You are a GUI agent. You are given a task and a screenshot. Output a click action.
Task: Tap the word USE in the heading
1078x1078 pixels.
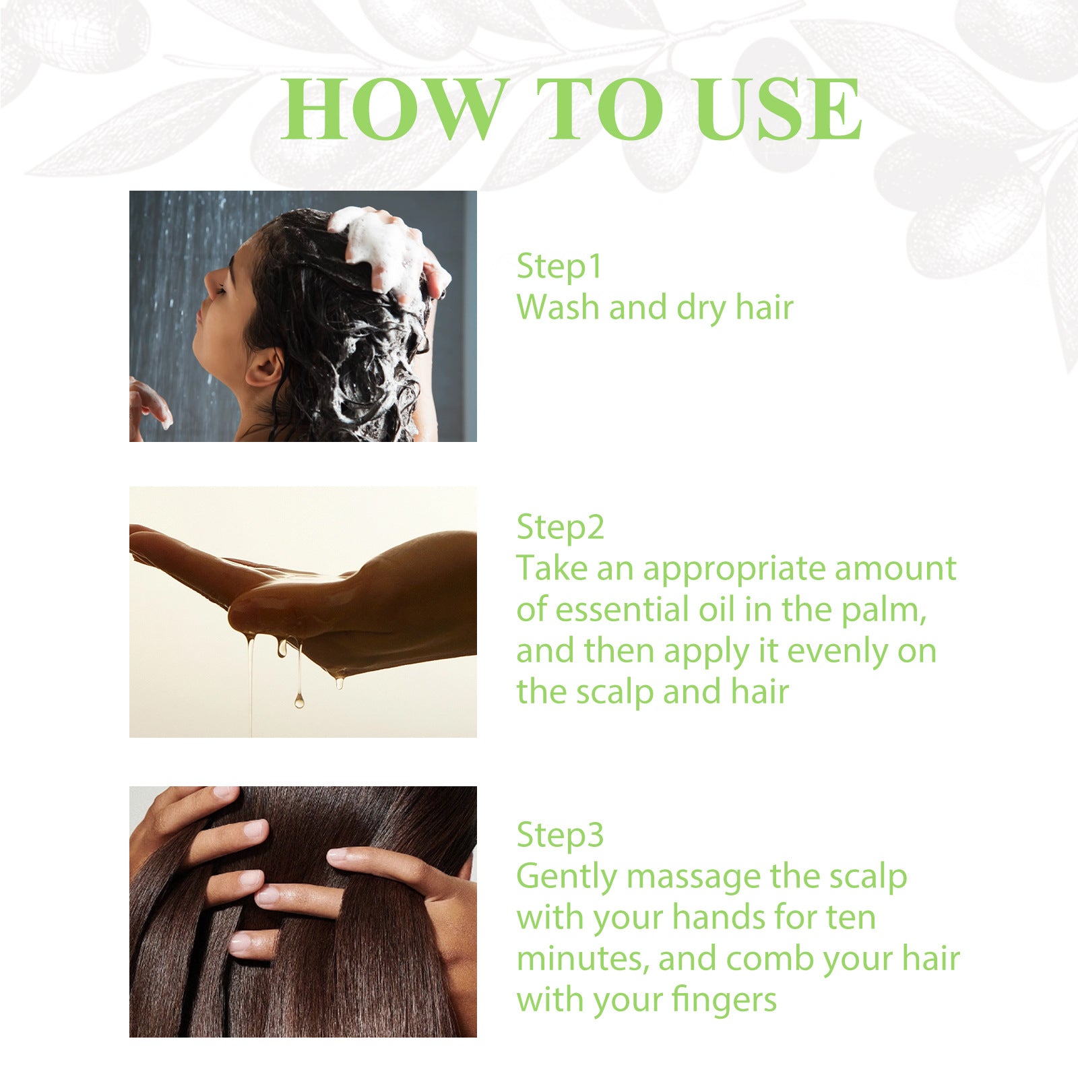[778, 109]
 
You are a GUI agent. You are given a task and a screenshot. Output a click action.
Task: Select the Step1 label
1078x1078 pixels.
[559, 266]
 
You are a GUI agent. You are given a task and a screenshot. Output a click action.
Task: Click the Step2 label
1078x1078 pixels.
[560, 528]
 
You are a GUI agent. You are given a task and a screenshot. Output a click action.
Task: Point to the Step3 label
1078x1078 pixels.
[560, 835]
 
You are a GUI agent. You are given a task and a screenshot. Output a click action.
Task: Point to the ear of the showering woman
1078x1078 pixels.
[264, 370]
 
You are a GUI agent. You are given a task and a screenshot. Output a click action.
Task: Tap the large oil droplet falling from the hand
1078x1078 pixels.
[299, 701]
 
